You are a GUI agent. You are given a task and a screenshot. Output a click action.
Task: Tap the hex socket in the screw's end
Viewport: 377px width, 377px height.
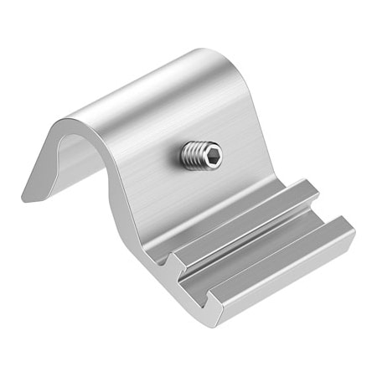[212, 155]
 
